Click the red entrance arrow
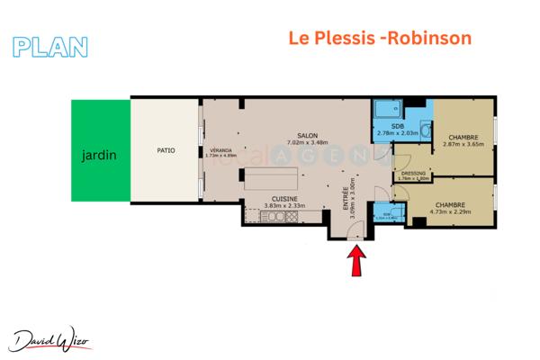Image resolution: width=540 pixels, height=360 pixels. click(x=355, y=263)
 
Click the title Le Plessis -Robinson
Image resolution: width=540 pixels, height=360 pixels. click(x=379, y=39)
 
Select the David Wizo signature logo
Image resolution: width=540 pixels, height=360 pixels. click(x=55, y=338)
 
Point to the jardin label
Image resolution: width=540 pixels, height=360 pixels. click(x=99, y=156)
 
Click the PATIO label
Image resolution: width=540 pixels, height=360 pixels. click(x=165, y=150)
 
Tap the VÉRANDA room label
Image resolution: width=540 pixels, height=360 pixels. click(x=220, y=148)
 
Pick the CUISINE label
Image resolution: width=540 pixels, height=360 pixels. click(x=285, y=198)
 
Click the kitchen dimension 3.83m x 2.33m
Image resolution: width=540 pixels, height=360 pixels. click(x=285, y=205)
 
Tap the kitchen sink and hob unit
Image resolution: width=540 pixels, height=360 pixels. click(x=266, y=216)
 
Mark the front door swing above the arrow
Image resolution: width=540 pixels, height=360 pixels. click(x=355, y=236)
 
